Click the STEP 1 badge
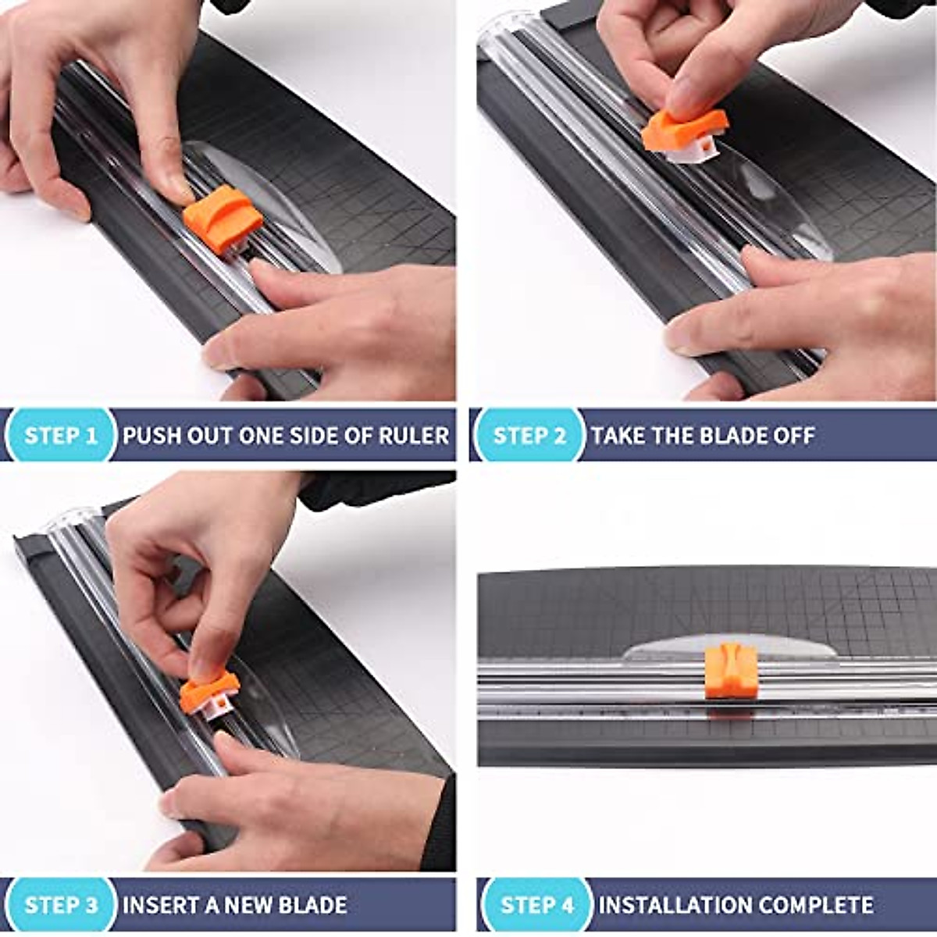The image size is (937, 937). click(61, 435)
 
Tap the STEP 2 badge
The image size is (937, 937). click(529, 435)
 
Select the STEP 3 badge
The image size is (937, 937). click(61, 905)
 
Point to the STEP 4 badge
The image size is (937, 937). click(537, 905)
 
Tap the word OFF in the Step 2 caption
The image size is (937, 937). click(793, 435)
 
